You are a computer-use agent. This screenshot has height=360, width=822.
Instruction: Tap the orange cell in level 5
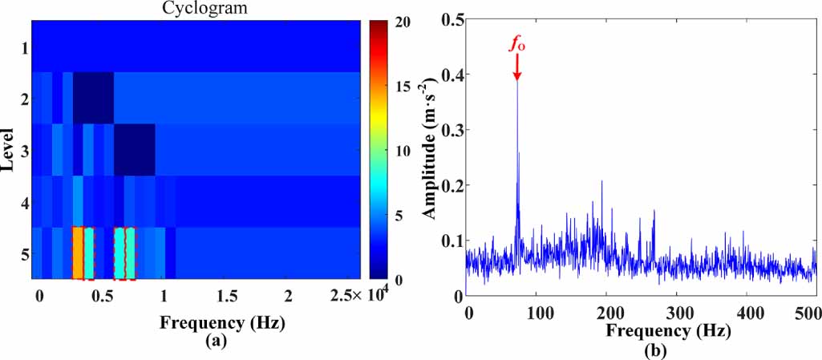(78, 253)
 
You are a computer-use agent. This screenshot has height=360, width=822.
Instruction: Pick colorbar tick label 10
(403, 151)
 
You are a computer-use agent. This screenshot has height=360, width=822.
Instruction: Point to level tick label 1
(26, 48)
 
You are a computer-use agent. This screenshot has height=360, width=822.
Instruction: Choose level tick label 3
(26, 151)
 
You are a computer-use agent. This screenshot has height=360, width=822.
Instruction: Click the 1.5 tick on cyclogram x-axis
(225, 296)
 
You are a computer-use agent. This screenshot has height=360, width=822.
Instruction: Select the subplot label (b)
(641, 350)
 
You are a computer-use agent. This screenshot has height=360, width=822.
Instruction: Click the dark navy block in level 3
(134, 150)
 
